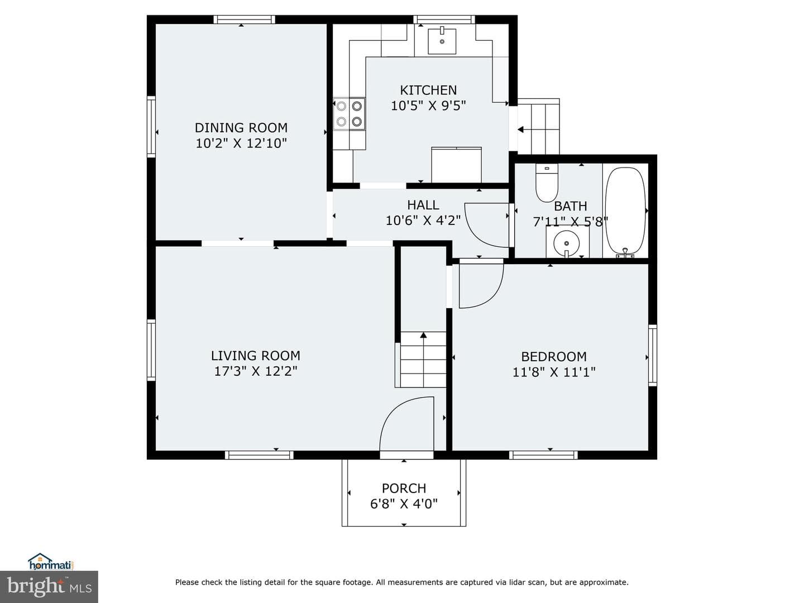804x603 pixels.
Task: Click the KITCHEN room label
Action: coord(428,90)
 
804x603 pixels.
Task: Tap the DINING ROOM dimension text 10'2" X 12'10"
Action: coord(241,143)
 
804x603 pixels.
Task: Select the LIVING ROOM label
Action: coord(255,356)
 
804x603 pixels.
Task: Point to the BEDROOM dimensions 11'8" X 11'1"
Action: coord(553,372)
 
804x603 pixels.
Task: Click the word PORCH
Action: coord(404,489)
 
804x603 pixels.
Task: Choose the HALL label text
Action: coord(423,205)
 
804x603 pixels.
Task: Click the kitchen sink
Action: coord(442,41)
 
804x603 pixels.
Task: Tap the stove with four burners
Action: coord(349,113)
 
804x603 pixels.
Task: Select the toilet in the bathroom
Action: coord(547,183)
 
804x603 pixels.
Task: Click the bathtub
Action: coord(625,212)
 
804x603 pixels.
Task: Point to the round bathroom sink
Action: coord(567,243)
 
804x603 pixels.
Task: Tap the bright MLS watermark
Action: coord(49,586)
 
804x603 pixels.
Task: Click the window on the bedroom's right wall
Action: coord(652,356)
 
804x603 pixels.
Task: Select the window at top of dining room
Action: coord(245,20)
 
